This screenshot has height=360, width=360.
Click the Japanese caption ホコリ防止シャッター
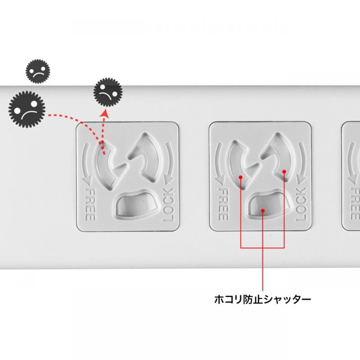coord(263,298)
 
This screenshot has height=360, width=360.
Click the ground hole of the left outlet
coord(130,206)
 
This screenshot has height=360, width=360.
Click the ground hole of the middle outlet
coord(263,206)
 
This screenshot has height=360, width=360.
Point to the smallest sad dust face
coord(37,71)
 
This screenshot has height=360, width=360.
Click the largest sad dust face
coord(27,107)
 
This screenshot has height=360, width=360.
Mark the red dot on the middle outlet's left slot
coord(241,178)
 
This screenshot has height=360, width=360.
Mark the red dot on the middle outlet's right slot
coord(284,171)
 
